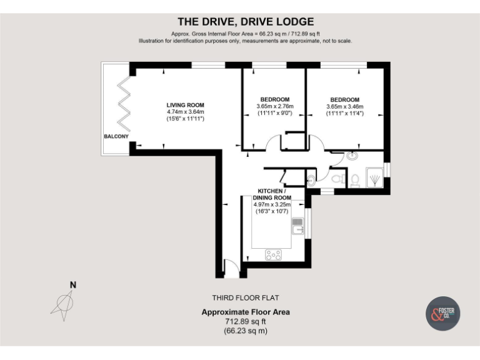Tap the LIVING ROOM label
click(185, 105)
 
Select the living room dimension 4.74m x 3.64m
click(185, 112)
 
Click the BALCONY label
click(116, 136)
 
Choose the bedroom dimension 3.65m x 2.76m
click(274, 107)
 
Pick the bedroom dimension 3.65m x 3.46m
click(344, 107)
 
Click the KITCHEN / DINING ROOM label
click(275, 194)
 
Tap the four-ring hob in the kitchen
click(274, 254)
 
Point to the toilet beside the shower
click(354, 180)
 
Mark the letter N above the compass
click(72, 285)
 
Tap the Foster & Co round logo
click(443, 314)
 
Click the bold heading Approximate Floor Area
click(245, 312)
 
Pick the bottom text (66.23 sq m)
click(245, 331)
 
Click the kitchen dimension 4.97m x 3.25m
click(275, 204)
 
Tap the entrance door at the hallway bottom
click(231, 270)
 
